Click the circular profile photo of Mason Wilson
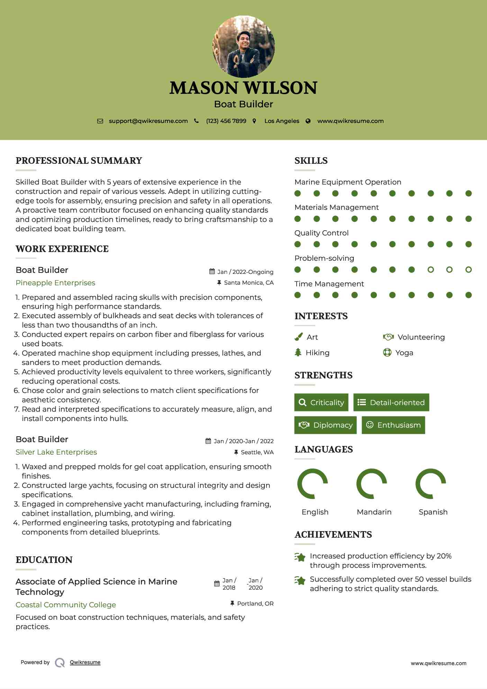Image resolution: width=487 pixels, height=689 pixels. coord(243,46)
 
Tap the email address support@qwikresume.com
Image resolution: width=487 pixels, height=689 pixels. coord(148,121)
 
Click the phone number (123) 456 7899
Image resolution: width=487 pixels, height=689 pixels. coord(226,121)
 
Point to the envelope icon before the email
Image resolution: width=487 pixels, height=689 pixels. coord(100,121)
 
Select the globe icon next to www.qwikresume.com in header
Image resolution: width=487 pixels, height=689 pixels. coord(308,121)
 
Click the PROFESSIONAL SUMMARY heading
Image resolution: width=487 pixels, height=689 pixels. coord(79,161)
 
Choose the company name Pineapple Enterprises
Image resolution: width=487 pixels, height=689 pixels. coord(55,283)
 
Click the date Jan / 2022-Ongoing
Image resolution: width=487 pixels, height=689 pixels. coord(245,272)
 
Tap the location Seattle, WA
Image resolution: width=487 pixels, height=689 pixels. coord(257,452)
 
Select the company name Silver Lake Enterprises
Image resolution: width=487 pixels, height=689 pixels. coord(56,452)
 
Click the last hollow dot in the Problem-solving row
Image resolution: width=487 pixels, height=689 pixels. coord(468,269)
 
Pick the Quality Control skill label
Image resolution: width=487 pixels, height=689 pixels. coord(321,233)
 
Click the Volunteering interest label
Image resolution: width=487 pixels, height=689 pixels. coord(421,337)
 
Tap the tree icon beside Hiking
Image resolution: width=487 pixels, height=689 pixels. coord(298,352)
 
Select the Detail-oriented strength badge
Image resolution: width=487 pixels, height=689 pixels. coord(391,402)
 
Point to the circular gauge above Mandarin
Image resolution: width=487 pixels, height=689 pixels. coord(372,484)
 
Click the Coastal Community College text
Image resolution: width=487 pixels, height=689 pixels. coord(66,605)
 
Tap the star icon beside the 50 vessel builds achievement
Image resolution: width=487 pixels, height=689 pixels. coord(300,581)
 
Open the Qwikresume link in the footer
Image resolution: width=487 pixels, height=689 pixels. coord(85,662)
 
